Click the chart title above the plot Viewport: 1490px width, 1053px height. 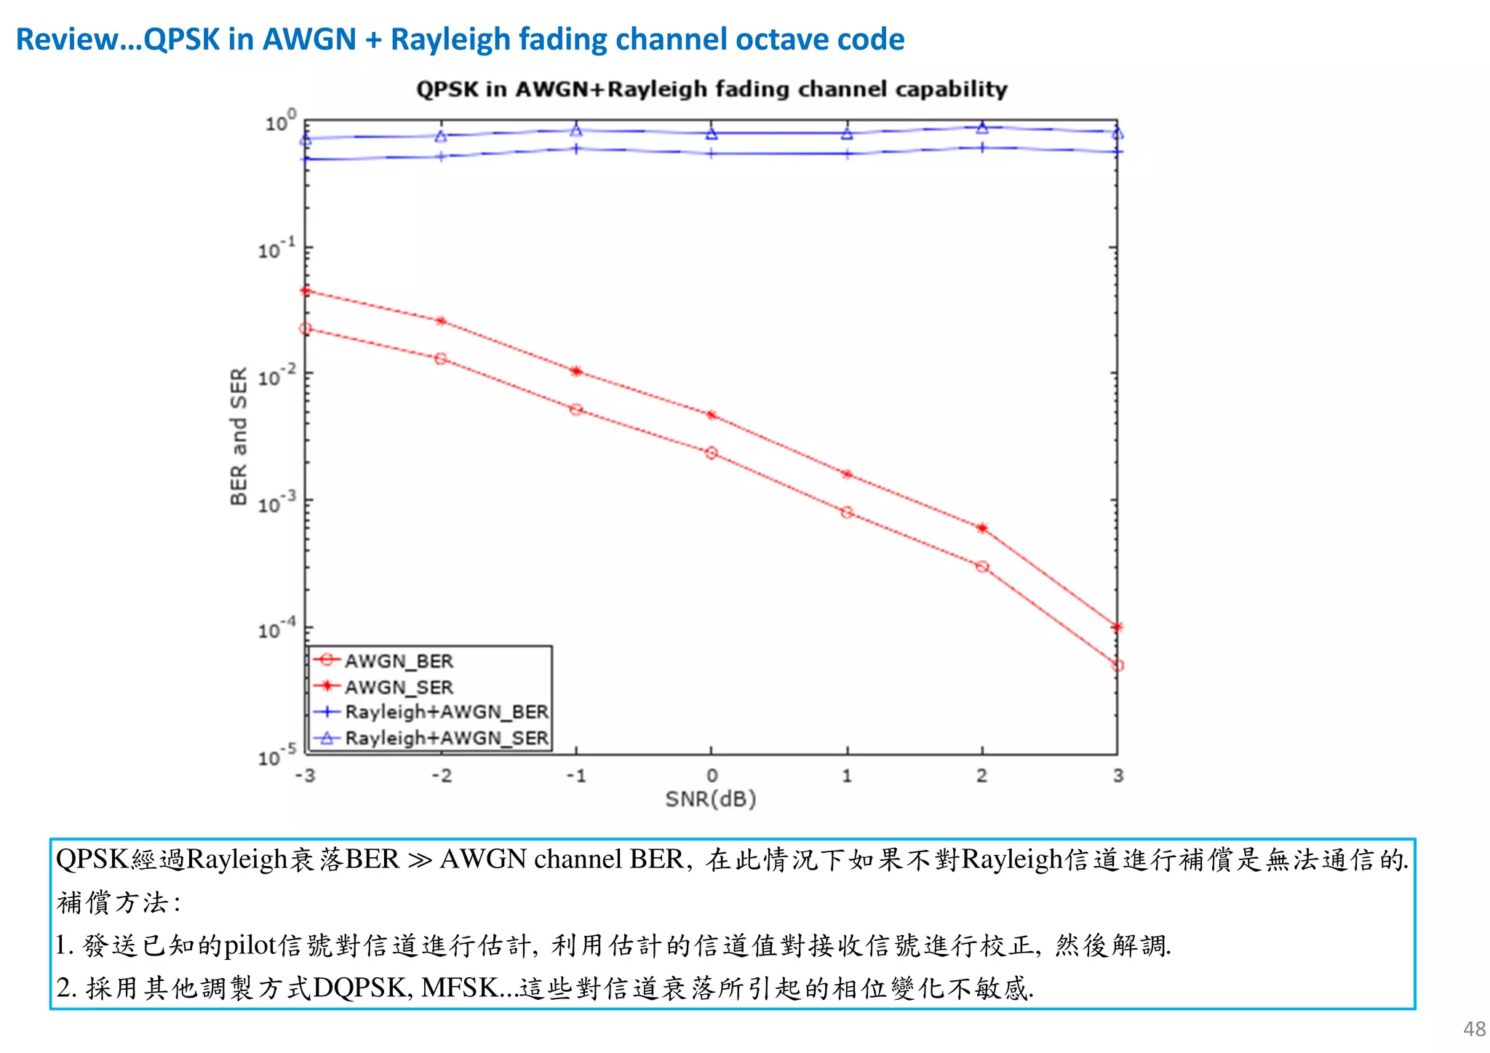coord(712,89)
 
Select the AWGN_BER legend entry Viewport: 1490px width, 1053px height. coord(399,661)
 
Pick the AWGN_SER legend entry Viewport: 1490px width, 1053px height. coord(399,687)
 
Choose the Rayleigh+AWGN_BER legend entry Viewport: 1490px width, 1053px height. coord(446,712)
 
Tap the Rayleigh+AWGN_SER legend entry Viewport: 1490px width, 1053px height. coord(446,738)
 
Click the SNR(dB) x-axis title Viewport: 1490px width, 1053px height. coord(711,799)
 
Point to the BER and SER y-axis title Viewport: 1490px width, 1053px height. coord(239,436)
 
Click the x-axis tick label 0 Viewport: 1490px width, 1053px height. coord(712,776)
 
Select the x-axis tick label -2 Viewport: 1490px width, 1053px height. coord(441,776)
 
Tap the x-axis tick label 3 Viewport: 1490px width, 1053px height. coord(1118,776)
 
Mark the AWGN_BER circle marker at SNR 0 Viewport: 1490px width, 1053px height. coord(712,453)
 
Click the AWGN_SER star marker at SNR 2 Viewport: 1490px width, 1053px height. coord(982,528)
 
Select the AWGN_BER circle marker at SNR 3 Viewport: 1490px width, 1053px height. coord(1118,665)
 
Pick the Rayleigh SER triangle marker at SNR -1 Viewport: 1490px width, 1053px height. coord(576,131)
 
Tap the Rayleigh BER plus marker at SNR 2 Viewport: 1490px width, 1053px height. coord(982,148)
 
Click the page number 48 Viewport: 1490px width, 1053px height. coord(1474,1029)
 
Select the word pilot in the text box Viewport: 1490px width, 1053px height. coord(250,945)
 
